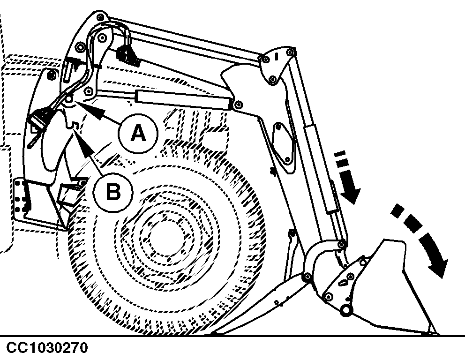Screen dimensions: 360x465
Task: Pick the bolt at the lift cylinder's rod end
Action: (239, 104)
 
